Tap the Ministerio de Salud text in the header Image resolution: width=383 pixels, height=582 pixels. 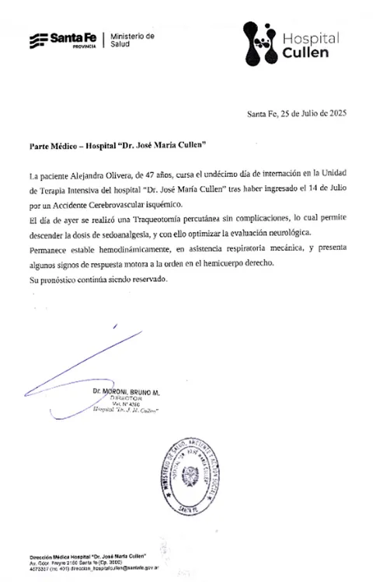click(x=133, y=40)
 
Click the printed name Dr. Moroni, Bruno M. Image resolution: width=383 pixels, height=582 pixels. click(x=125, y=393)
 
